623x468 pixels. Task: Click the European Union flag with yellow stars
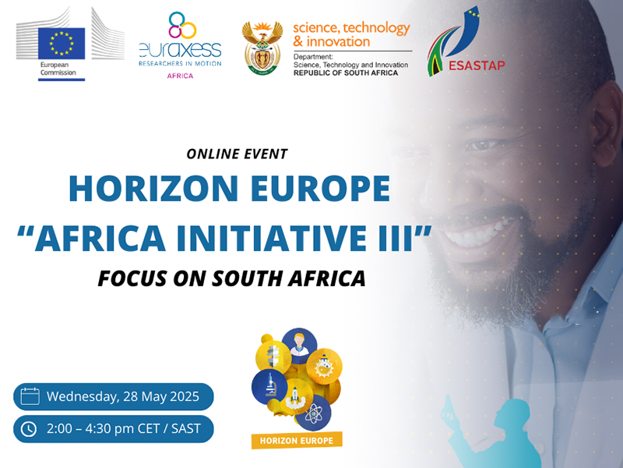pos(62,44)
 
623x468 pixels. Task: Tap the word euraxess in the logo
pos(180,50)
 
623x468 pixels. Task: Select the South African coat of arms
pos(262,48)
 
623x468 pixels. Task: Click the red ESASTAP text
pos(477,66)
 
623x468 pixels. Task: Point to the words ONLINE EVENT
pos(237,154)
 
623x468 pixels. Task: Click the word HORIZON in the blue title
pos(153,188)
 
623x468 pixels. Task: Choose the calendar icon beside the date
pos(30,396)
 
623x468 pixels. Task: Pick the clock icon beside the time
pos(29,429)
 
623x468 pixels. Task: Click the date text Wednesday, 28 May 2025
pos(123,396)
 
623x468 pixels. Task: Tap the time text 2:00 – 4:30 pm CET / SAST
pos(124,428)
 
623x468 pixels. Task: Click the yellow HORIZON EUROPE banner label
pos(297,441)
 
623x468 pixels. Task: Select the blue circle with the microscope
pos(269,387)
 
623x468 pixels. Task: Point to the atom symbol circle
pos(314,414)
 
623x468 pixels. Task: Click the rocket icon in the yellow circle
pos(294,396)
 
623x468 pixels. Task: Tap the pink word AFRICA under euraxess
pos(180,76)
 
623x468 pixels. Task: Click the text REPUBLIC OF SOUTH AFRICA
pos(346,73)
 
